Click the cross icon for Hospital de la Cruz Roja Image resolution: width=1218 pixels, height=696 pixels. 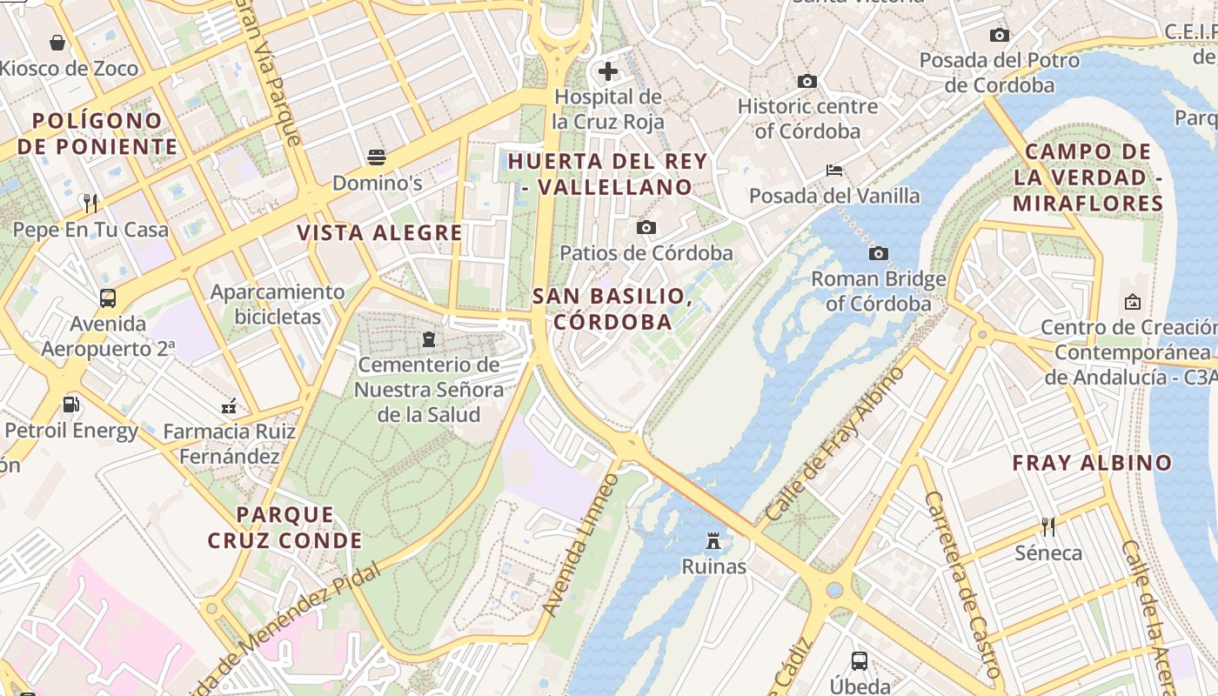[x=608, y=71]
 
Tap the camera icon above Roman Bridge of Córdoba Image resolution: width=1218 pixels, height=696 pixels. [x=879, y=253]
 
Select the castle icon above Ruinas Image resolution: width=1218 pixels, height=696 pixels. [x=713, y=541]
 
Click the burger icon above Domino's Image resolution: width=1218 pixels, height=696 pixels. [x=377, y=157]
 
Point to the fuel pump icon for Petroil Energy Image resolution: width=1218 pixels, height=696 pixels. [x=70, y=405]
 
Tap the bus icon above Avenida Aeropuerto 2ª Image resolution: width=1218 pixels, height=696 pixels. [x=108, y=298]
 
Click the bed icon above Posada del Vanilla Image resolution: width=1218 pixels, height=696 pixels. [x=834, y=170]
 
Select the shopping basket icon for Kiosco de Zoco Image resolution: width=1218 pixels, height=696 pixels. [x=57, y=43]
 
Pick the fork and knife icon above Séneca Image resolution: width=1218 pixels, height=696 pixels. [x=1048, y=526]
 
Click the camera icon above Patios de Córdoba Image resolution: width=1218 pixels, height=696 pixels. [x=646, y=227]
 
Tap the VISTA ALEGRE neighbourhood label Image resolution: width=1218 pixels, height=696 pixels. [x=379, y=232]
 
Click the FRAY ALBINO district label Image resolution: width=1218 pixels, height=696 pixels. [x=1092, y=463]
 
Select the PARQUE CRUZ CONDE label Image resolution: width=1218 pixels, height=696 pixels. [x=284, y=527]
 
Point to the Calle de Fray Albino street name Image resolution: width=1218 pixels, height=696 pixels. [x=837, y=445]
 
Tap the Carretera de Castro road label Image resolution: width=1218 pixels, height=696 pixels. [x=961, y=585]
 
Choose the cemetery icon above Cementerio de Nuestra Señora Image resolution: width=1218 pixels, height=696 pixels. [x=428, y=338]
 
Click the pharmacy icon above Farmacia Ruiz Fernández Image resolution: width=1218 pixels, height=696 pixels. [x=230, y=405]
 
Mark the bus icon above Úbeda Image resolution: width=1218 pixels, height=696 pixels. [x=860, y=660]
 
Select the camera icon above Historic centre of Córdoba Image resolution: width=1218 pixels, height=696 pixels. [x=807, y=81]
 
